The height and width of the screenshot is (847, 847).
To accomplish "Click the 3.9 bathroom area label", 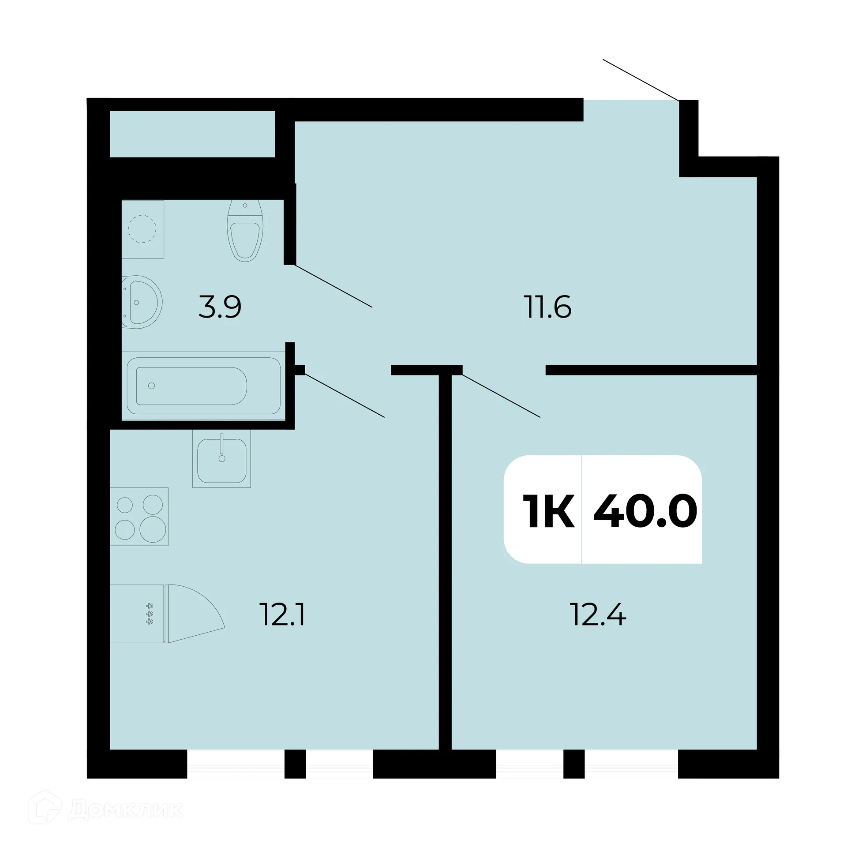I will click(220, 307).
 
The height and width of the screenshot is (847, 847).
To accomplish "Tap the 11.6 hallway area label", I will click(547, 307).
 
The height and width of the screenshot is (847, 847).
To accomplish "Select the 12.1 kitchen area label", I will click(283, 615).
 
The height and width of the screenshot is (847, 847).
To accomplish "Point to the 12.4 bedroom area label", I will click(598, 615).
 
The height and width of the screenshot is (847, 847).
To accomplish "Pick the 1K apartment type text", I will click(548, 511).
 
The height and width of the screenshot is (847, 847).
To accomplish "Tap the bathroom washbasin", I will click(140, 302).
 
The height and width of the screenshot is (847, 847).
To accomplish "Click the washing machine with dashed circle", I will click(142, 229).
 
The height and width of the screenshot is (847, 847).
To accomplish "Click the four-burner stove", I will click(139, 517).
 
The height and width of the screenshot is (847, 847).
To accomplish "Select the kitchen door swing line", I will click(345, 395).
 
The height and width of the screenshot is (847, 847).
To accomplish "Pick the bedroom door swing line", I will click(501, 395).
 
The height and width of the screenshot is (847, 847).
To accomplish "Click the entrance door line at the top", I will click(641, 79).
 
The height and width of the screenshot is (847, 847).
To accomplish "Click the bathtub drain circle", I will click(152, 386).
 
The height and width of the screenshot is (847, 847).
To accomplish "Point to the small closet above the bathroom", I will click(192, 134).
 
